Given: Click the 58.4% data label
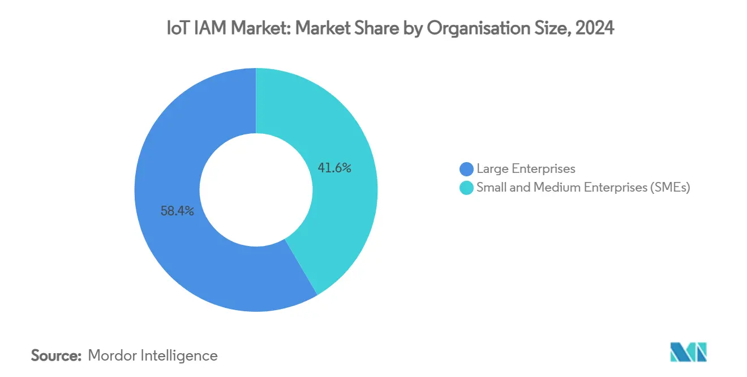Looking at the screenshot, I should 177,211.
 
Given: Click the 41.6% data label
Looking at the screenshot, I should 334,168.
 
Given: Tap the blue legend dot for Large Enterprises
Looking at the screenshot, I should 466,169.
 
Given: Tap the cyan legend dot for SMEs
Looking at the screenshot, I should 466,188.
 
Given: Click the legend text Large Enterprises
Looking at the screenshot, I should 526,169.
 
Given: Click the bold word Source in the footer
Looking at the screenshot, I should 56,355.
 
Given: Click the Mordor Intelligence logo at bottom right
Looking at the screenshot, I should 688,352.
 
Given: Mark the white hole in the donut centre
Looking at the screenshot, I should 256,189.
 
